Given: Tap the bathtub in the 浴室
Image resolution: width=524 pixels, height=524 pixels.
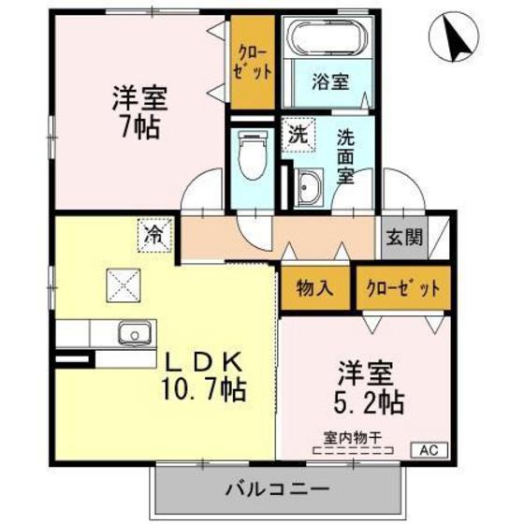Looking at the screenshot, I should [331, 39].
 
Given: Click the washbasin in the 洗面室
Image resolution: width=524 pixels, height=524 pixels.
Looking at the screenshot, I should [308, 189].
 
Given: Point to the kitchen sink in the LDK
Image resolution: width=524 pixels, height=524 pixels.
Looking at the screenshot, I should [134, 332].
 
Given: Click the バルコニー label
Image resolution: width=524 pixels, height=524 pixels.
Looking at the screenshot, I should [277, 488].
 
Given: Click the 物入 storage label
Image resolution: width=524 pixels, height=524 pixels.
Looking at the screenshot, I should [314, 288].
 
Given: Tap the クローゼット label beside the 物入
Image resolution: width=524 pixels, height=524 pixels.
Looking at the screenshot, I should [402, 288].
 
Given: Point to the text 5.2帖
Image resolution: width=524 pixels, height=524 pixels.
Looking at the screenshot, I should [371, 402].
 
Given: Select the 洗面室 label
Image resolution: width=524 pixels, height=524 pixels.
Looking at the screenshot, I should [346, 154].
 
